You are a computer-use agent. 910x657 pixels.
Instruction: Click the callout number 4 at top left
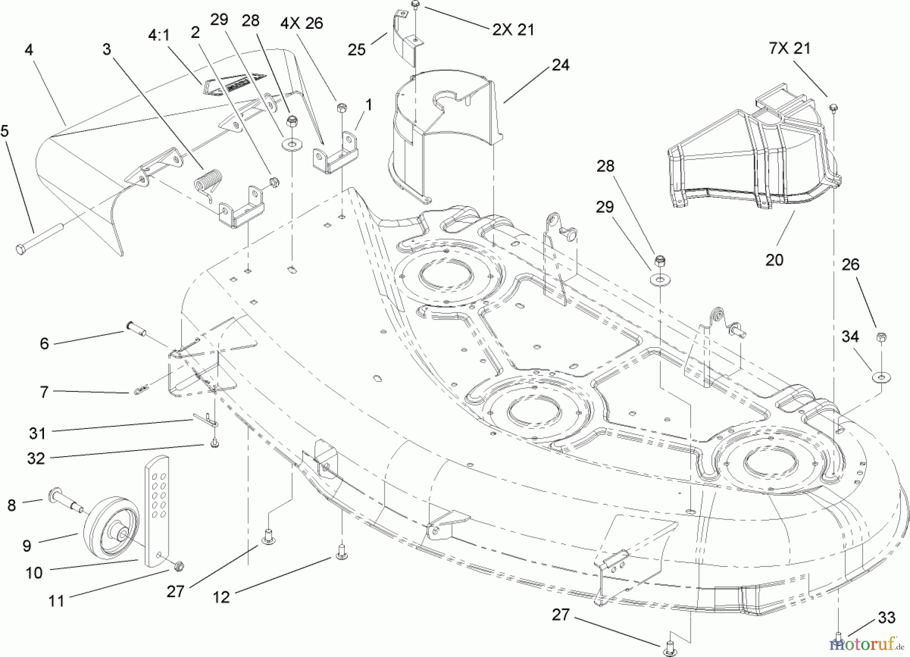(x=29, y=50)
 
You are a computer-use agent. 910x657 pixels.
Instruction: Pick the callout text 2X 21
(x=513, y=30)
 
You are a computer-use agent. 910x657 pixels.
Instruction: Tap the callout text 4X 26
(x=302, y=23)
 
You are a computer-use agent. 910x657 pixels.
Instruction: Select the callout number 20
(x=774, y=260)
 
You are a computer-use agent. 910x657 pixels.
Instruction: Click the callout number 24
(x=561, y=65)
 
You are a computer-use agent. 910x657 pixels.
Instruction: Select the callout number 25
(x=357, y=50)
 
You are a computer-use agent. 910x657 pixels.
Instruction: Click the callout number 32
(x=36, y=458)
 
